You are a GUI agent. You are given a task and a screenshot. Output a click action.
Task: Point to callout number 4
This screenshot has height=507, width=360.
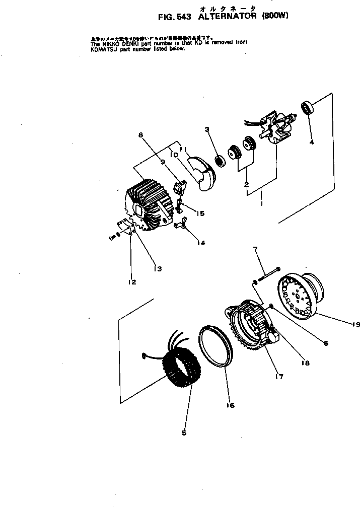312,142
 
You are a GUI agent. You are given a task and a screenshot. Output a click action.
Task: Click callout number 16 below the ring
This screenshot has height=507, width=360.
231,405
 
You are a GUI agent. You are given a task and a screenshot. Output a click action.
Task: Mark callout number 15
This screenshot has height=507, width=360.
200,213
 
